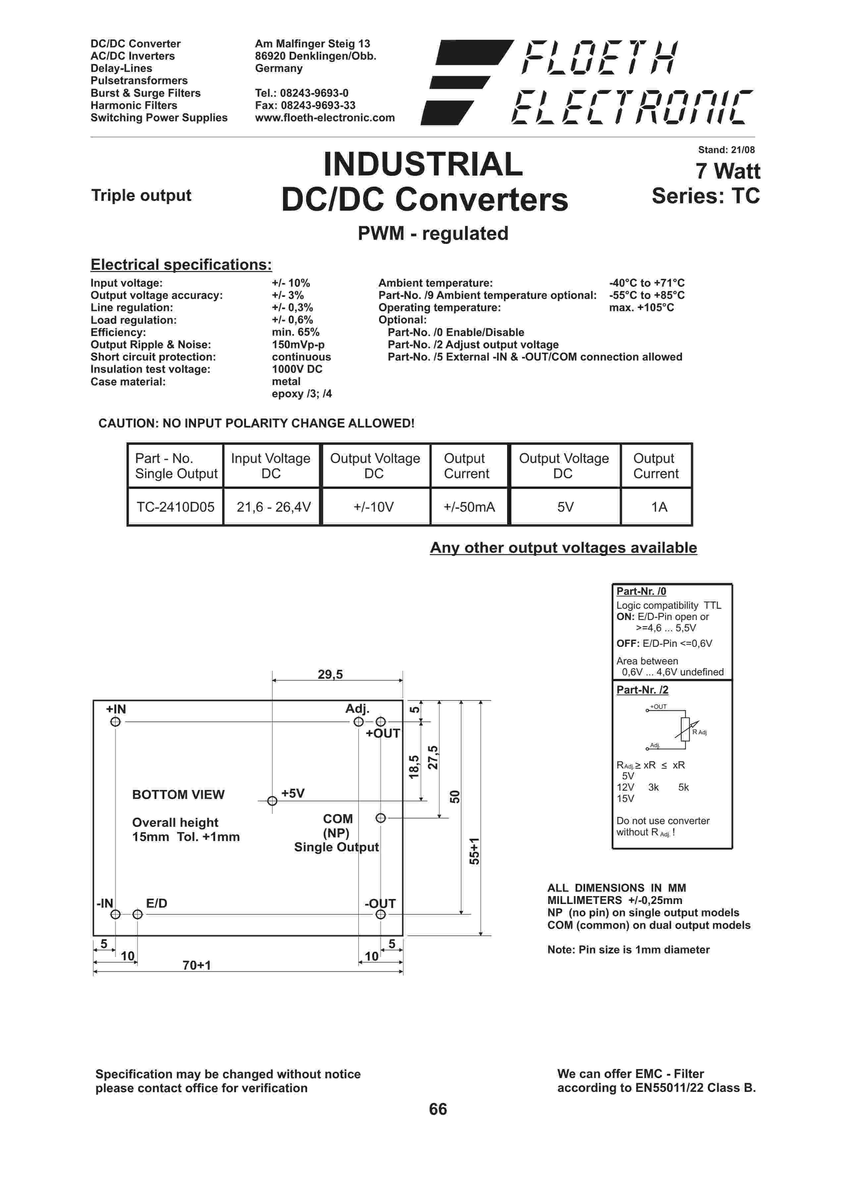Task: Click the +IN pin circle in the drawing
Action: (116, 722)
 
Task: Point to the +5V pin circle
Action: (272, 801)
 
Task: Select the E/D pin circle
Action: (137, 915)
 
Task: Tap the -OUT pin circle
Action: (381, 915)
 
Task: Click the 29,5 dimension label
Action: (330, 674)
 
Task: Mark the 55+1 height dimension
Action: (474, 851)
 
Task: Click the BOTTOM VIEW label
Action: (178, 795)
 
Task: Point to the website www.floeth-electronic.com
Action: (325, 118)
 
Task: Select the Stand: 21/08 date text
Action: (726, 150)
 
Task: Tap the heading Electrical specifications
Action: (181, 265)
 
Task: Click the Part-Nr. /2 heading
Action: (642, 690)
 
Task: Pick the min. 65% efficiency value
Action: (295, 332)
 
